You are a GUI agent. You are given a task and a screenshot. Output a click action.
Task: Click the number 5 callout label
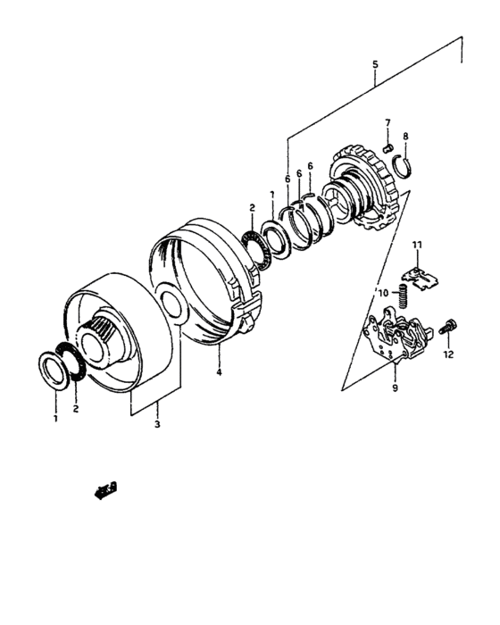coord(375,64)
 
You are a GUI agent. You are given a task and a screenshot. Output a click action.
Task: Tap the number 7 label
coord(387,122)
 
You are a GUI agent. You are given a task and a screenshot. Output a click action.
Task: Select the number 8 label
coord(405,137)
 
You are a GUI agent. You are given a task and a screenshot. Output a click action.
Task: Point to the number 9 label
coord(395,387)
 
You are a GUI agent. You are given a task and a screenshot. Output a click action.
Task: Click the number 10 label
coord(383,294)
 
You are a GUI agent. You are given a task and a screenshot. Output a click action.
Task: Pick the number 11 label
coord(417,245)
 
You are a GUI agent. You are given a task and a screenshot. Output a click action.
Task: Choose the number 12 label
coord(448,354)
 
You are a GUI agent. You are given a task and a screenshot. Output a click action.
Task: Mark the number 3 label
coord(157,424)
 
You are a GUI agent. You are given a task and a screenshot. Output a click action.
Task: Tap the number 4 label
coord(219,372)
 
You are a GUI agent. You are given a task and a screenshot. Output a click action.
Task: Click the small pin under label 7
coord(387,149)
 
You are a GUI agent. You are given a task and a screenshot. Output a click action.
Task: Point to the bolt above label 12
coord(448,327)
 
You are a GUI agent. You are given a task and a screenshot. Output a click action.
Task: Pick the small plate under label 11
coord(420,278)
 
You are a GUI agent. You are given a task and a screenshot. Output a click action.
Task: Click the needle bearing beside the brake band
coord(256,249)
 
